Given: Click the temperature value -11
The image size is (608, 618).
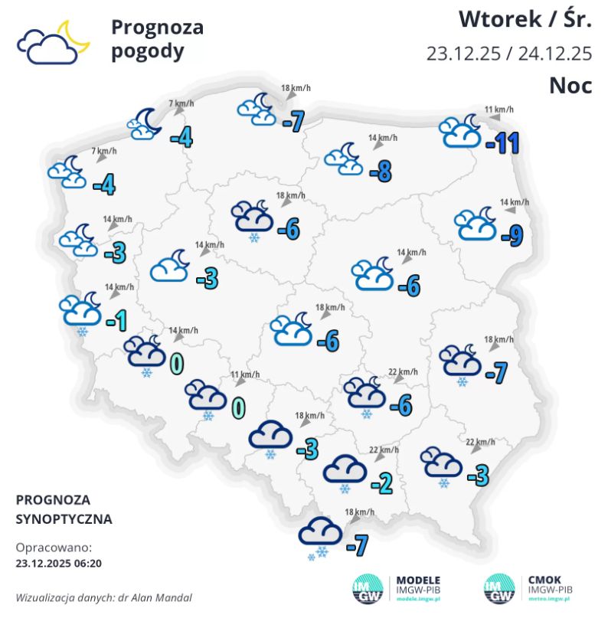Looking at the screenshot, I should [x=502, y=142].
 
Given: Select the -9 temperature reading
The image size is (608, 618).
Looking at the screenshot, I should [x=511, y=237].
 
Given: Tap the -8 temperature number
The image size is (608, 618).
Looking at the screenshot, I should [x=380, y=172].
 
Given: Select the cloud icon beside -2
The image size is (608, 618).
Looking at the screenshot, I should [x=344, y=469].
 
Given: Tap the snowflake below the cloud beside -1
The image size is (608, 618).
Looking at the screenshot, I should [x=81, y=332].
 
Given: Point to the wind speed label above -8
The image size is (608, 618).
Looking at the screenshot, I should [x=383, y=139].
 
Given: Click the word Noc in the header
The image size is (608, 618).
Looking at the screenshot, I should [x=570, y=85].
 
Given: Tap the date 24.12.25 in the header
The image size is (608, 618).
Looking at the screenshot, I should [x=555, y=54].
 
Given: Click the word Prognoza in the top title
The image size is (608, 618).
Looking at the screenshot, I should [x=157, y=28].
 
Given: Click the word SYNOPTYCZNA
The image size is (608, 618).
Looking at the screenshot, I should [x=64, y=518].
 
